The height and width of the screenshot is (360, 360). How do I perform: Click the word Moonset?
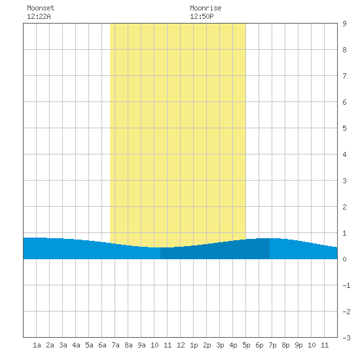[x=41, y=8]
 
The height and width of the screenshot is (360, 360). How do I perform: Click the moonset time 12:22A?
[x=39, y=16]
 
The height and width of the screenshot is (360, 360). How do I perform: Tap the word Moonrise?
[x=206, y=8]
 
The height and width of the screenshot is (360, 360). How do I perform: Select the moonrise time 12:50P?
[x=202, y=16]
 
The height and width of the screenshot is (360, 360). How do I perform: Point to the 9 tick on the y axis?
[x=344, y=24]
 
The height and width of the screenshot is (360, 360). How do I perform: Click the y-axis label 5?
[x=344, y=128]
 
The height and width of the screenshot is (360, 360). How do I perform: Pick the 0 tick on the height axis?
[x=344, y=259]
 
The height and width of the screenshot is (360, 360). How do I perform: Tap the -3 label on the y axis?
[x=347, y=338]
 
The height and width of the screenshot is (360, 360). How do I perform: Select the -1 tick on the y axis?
[x=347, y=285]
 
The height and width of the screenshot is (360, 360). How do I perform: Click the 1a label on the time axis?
[x=37, y=345]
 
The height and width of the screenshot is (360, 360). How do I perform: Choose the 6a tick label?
[x=102, y=345]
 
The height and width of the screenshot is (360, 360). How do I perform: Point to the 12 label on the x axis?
[x=181, y=345]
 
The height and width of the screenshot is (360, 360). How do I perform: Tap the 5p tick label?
[x=246, y=345]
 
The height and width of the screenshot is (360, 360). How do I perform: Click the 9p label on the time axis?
[x=298, y=345]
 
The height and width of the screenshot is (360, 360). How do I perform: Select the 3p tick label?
[x=220, y=345]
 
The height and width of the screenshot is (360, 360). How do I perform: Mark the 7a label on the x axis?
[x=115, y=345]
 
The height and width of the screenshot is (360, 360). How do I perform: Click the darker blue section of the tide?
[x=215, y=251]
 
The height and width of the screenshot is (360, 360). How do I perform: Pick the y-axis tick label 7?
[x=344, y=76]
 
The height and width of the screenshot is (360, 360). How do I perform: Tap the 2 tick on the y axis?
[x=344, y=207]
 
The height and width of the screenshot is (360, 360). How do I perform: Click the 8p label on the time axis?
[x=285, y=345]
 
